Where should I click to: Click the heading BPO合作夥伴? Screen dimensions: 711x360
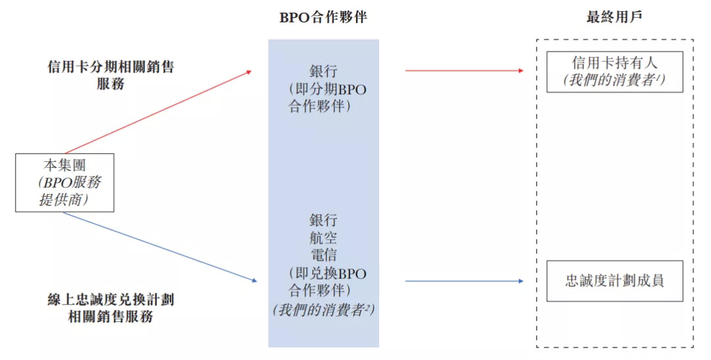point(323,18)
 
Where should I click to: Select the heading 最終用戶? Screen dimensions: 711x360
point(614,18)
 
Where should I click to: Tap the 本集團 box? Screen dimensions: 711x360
point(65,182)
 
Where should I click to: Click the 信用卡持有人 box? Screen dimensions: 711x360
point(614,72)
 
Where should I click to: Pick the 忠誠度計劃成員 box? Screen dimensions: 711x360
point(614,281)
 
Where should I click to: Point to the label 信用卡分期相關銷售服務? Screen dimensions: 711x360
point(111,75)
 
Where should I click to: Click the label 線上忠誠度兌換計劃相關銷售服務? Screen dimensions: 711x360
point(111,307)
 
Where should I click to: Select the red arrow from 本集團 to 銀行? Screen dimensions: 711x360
point(158,111)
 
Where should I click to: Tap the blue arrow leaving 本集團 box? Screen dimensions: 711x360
point(158,247)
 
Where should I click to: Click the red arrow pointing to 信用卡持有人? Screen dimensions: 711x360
point(464,70)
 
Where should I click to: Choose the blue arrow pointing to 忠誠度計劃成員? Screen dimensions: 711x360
point(464,281)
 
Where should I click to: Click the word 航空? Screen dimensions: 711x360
point(323,238)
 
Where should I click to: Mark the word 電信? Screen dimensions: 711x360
point(323,255)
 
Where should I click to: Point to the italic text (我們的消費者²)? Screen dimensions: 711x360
point(323,309)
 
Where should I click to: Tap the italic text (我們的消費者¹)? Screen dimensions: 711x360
point(614,80)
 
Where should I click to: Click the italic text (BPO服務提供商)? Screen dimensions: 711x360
point(68,191)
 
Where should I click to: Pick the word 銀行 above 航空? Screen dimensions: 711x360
point(323,220)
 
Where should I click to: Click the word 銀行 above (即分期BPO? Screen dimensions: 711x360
point(323,70)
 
